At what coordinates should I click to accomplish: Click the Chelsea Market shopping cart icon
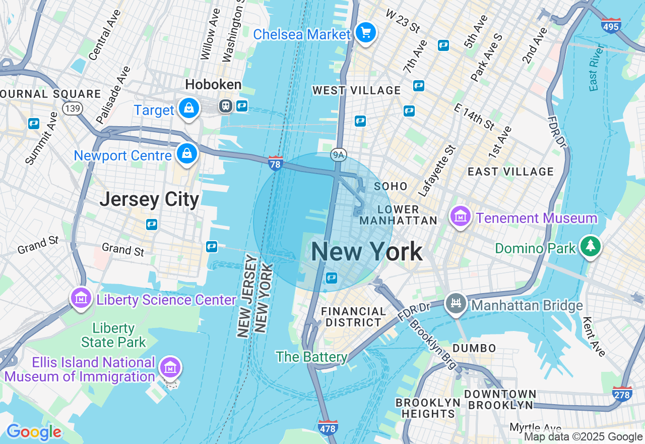coord(366,33)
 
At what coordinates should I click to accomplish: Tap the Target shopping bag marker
coord(188,108)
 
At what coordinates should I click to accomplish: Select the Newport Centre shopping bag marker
coord(187,154)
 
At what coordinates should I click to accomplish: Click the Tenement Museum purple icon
coord(460,217)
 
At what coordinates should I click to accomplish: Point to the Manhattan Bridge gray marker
coord(456,304)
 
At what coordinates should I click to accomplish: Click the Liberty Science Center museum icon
coord(81,299)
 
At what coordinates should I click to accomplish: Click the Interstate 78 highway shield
coord(275,163)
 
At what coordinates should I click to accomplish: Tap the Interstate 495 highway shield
coord(611,25)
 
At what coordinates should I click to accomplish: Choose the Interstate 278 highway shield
coord(622,394)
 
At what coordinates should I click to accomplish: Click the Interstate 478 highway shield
coord(328,428)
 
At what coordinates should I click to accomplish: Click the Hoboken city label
coord(213,84)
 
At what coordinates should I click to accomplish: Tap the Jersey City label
coord(149,199)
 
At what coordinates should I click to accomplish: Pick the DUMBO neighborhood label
coord(474,348)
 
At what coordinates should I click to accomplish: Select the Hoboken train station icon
coord(225,105)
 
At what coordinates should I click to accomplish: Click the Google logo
coord(34,432)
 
